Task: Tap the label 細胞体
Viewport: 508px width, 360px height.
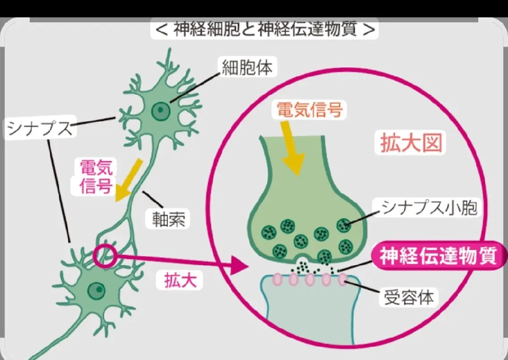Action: [x=247, y=68]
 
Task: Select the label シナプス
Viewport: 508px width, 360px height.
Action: [x=40, y=127]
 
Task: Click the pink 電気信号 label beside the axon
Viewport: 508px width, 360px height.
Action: [x=96, y=177]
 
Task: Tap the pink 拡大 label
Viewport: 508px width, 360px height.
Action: [x=181, y=280]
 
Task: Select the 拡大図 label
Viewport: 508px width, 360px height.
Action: [x=411, y=143]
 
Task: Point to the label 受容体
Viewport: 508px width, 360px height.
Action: [x=409, y=297]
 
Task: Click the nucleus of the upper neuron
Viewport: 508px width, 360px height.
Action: [x=161, y=111]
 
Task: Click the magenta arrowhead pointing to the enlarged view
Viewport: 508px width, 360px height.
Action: [x=241, y=266]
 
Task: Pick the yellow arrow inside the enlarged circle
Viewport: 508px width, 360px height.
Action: [x=292, y=148]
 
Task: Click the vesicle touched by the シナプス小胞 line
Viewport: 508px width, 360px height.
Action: [x=344, y=225]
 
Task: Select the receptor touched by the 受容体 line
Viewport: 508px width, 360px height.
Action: [x=343, y=280]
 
